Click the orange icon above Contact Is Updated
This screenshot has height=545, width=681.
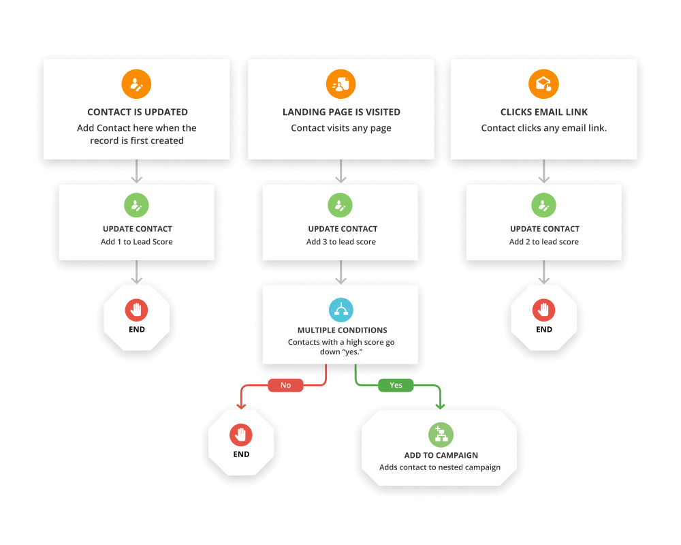click(x=136, y=84)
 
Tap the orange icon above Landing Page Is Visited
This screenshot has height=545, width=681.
click(x=340, y=84)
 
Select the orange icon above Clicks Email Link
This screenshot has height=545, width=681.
click(x=543, y=84)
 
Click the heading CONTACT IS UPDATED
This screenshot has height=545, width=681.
click(x=137, y=112)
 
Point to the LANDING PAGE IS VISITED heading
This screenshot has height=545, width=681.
click(x=341, y=112)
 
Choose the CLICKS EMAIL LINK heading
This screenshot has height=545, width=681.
click(x=544, y=112)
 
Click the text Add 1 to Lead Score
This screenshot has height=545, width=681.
click(x=137, y=242)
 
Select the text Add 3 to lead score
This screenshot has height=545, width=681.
click(x=341, y=242)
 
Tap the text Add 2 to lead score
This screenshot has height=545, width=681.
click(x=544, y=242)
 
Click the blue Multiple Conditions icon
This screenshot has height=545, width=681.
click(x=341, y=310)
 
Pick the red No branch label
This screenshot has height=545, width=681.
click(x=285, y=385)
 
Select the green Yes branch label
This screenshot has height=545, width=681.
click(x=396, y=385)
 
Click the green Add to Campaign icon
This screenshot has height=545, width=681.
click(x=440, y=435)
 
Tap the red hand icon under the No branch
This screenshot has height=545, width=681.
click(x=241, y=434)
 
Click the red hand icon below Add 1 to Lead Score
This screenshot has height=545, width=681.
click(x=137, y=310)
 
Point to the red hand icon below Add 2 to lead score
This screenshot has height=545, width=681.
click(x=544, y=310)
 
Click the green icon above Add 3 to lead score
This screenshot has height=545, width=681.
click(x=341, y=205)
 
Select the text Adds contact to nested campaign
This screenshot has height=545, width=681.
click(x=440, y=467)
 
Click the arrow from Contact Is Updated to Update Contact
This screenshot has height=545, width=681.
click(x=137, y=171)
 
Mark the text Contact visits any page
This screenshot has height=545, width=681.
click(x=341, y=128)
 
